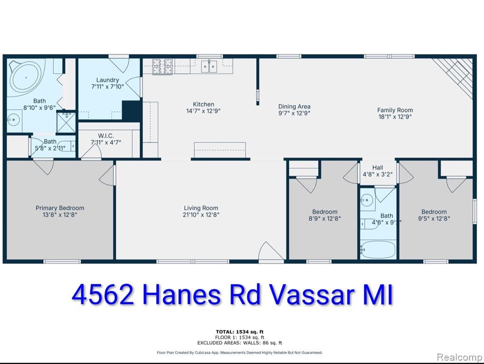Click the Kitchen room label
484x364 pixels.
(203, 104)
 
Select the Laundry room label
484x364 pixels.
(108, 80)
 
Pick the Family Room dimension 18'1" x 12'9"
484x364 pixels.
(395, 117)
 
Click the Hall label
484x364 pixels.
(377, 167)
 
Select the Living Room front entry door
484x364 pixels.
(271, 253)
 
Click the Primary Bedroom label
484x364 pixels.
(60, 208)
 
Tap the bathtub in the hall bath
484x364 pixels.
(377, 248)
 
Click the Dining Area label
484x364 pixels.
(294, 107)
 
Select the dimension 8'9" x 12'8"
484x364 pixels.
(325, 218)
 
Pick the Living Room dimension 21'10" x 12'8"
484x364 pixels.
(201, 215)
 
